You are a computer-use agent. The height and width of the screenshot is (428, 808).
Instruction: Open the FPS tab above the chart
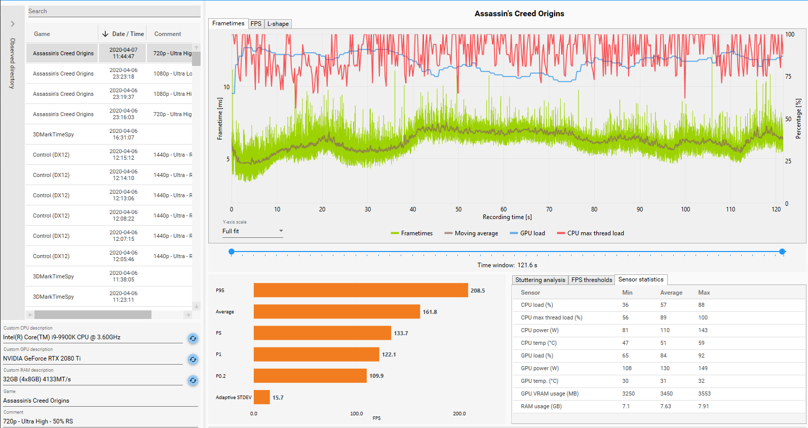[256, 24]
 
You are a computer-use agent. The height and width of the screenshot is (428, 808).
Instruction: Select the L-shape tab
[278, 24]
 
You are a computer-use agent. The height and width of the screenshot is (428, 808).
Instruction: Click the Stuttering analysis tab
[540, 280]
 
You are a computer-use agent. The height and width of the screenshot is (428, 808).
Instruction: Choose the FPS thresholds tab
[592, 280]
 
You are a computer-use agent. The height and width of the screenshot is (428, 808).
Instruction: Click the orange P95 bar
[361, 291]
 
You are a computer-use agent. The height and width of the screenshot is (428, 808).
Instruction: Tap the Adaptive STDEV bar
[261, 397]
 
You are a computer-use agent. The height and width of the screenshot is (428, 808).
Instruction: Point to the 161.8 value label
[430, 312]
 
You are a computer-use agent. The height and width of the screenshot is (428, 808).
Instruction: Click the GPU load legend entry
[527, 233]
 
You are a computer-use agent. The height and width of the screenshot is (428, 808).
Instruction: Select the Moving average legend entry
[471, 233]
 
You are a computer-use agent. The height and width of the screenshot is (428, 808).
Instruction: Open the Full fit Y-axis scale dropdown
[252, 231]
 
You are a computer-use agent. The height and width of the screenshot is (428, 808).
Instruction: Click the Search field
[114, 11]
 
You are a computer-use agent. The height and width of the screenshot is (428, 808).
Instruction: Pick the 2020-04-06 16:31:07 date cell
[124, 134]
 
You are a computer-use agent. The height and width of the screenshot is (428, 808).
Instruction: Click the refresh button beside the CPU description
[193, 338]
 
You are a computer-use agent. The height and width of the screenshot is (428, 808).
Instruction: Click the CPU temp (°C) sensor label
[538, 343]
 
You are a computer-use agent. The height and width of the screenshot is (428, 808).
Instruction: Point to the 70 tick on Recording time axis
[549, 209]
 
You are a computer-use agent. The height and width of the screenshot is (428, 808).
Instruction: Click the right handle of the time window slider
[782, 252]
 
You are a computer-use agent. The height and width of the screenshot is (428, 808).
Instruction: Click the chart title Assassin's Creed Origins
[519, 14]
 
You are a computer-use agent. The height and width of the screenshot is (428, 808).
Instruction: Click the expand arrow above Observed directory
[13, 24]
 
